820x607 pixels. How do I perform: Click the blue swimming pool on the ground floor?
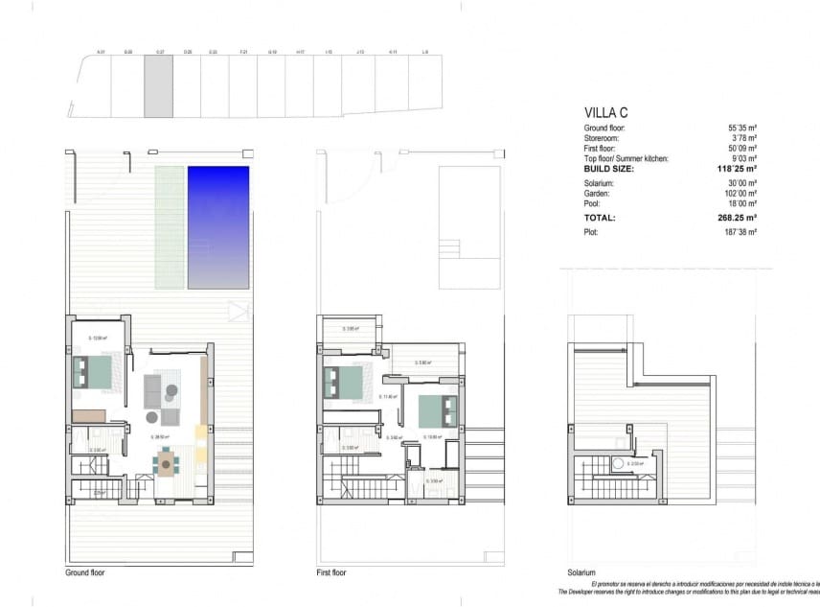[218, 227]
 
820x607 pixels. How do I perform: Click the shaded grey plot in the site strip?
[159, 86]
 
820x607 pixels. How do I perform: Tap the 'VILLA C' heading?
[605, 111]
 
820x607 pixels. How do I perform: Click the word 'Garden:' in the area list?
[599, 193]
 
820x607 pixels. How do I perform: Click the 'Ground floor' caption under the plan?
[85, 572]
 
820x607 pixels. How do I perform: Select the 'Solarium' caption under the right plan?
[581, 572]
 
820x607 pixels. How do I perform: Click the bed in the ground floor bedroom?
[96, 372]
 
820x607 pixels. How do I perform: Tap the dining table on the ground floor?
[167, 464]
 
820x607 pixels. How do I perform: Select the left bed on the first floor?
[344, 384]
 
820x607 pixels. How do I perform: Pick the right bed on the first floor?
[438, 410]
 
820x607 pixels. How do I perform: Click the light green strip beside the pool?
[170, 227]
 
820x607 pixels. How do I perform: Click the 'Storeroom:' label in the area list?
[604, 138]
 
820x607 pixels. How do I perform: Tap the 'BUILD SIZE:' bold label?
[609, 168]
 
